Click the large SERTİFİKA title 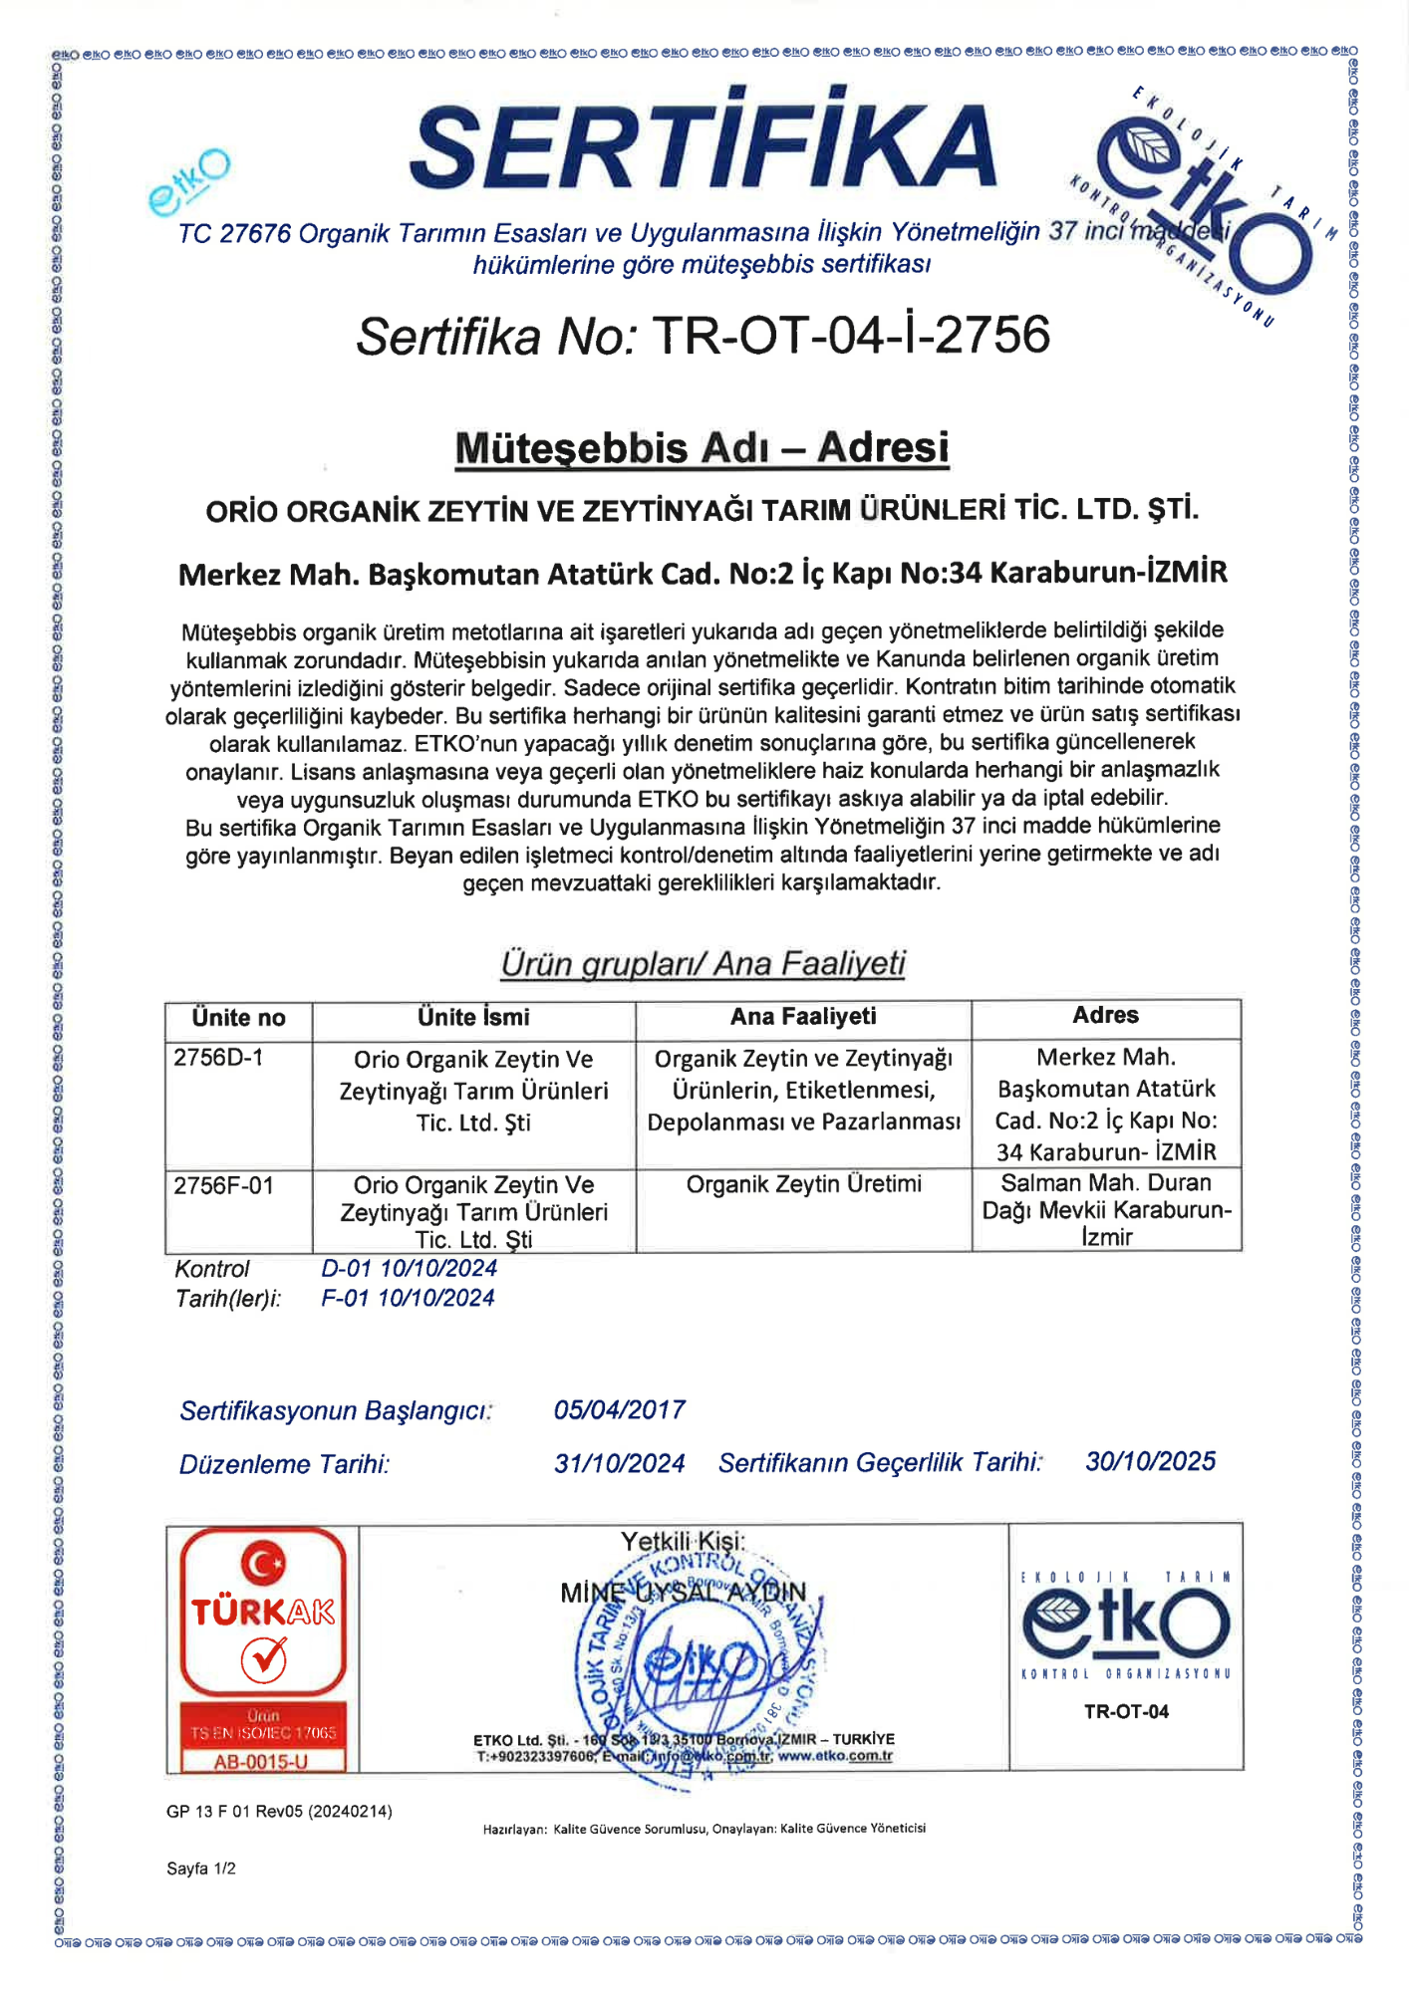[x=703, y=142]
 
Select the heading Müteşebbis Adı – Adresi [x=702, y=447]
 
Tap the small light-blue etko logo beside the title [x=188, y=180]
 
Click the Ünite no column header [x=238, y=1018]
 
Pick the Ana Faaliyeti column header [x=803, y=1016]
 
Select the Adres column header [x=1105, y=1015]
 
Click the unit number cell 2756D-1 [x=218, y=1058]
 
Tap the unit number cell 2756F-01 [x=223, y=1185]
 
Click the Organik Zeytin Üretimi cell [x=803, y=1184]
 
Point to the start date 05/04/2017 [x=619, y=1410]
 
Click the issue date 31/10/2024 [x=619, y=1463]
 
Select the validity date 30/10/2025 [x=1150, y=1461]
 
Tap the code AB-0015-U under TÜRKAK [x=261, y=1762]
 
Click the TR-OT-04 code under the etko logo [x=1126, y=1712]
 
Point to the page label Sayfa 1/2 [x=201, y=1868]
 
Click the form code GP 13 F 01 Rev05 [x=279, y=1811]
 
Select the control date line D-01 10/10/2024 [x=409, y=1268]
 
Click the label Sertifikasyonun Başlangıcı [x=336, y=1411]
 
